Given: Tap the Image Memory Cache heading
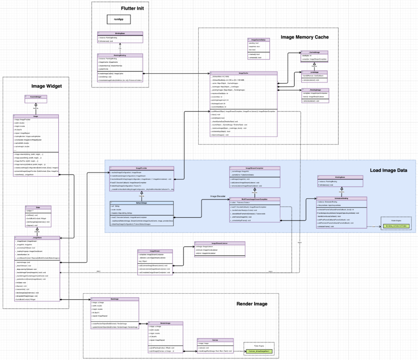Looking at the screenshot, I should point(305,37).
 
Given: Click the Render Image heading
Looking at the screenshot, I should point(252,304).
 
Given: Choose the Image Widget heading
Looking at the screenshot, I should point(46,86).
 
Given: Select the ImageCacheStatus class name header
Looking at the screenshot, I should point(258,40).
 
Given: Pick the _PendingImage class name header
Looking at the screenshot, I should point(315,89).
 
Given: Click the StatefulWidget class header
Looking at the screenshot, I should point(36,96).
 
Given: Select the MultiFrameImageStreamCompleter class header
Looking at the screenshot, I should point(254,199).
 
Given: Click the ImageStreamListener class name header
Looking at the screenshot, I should point(219,243).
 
